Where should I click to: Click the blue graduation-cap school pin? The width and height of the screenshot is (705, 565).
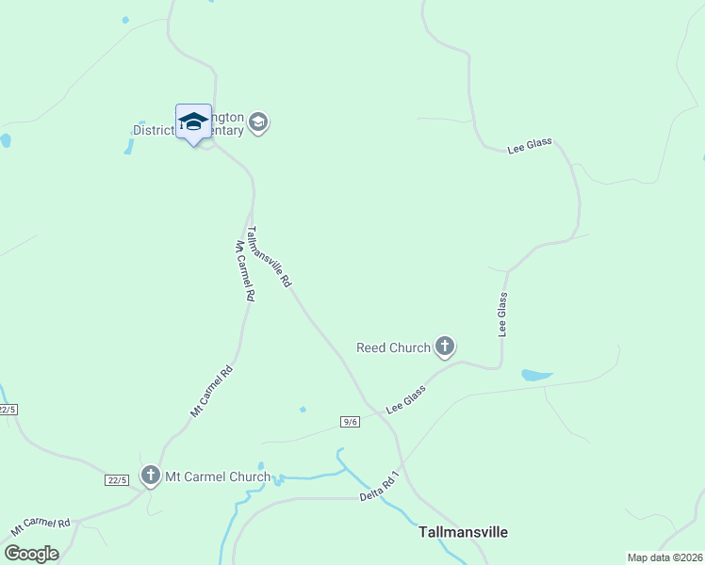coord(193,122)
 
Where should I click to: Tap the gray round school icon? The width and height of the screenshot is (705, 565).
coord(258,122)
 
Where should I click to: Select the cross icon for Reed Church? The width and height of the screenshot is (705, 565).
coord(444,347)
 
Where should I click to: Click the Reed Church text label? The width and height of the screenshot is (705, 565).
coord(393,347)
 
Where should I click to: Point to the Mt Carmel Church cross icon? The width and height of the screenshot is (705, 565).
coord(151,476)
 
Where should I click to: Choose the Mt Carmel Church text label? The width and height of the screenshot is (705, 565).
coord(218,476)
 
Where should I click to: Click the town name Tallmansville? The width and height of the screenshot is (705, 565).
coord(463,532)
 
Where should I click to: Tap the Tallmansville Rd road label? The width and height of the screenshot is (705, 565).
coord(269,256)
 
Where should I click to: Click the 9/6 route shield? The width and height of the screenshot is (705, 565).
coord(351,421)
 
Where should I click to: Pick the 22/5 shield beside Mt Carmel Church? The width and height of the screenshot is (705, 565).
coord(117,480)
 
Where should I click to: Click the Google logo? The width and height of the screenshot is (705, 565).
coord(31,554)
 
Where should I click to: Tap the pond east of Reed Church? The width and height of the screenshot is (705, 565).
coord(536,375)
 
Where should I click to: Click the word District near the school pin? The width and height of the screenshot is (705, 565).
coord(153,130)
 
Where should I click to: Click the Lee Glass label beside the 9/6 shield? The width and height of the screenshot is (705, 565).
coord(406,400)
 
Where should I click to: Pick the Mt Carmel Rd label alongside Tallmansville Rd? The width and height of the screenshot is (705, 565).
coord(245,270)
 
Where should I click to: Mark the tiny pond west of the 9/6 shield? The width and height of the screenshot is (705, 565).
coord(303,410)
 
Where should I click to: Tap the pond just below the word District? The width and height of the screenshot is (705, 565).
coord(128,147)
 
